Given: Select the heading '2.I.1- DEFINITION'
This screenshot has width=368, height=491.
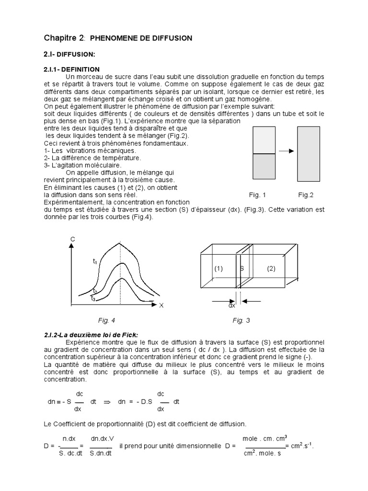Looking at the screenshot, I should coord(72,70).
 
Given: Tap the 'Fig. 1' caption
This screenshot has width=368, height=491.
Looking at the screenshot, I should coord(257,195).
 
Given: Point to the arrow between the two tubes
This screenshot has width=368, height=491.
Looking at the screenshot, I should coord(286,151).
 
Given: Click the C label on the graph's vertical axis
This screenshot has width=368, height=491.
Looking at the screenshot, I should coord(72,238).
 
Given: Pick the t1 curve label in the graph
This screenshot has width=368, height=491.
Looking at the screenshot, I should coord(95,262).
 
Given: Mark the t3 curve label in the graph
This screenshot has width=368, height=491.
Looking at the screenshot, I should coord(93,298).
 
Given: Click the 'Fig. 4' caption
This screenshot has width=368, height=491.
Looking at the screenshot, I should coord(106,320).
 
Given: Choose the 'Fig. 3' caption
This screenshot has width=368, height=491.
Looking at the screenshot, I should coord(241,320).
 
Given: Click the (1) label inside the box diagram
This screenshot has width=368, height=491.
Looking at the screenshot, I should coord(218,269).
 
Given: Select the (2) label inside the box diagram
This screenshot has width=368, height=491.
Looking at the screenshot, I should coord(271,269).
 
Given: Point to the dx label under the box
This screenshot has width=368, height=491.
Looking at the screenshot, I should coord(231,305).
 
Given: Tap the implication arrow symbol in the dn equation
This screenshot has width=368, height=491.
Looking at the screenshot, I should coord(107,401).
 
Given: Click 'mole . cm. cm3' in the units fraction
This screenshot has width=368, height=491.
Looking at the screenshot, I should coord(264,438).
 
